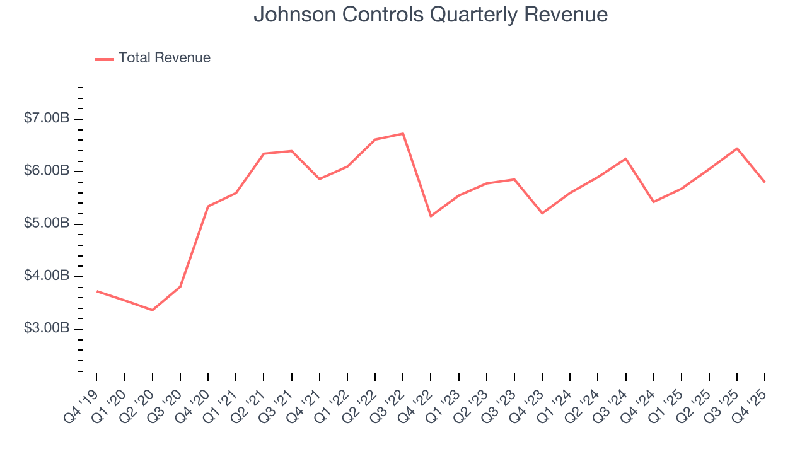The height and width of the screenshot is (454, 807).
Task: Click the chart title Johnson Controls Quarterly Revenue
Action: [x=431, y=15]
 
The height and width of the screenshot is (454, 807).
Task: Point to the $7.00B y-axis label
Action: [x=47, y=119]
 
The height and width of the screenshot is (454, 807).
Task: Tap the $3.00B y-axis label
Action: [x=47, y=329]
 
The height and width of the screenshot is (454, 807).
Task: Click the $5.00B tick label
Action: [x=47, y=224]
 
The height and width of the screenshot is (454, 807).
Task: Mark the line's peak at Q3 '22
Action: [x=403, y=134]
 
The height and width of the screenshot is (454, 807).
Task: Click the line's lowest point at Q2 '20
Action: [x=153, y=310]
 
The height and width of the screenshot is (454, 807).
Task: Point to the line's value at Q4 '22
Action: [x=431, y=216]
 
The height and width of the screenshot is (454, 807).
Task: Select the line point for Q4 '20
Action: [x=208, y=206]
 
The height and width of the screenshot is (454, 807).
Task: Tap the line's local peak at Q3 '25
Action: [x=737, y=148]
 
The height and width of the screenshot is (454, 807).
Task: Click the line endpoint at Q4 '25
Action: [x=765, y=182]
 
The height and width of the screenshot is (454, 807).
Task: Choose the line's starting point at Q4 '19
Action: [x=97, y=291]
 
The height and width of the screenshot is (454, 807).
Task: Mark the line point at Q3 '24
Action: [x=625, y=158]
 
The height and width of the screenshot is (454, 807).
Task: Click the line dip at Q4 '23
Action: [x=542, y=213]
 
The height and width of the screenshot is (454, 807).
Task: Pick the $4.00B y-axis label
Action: [x=47, y=276]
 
